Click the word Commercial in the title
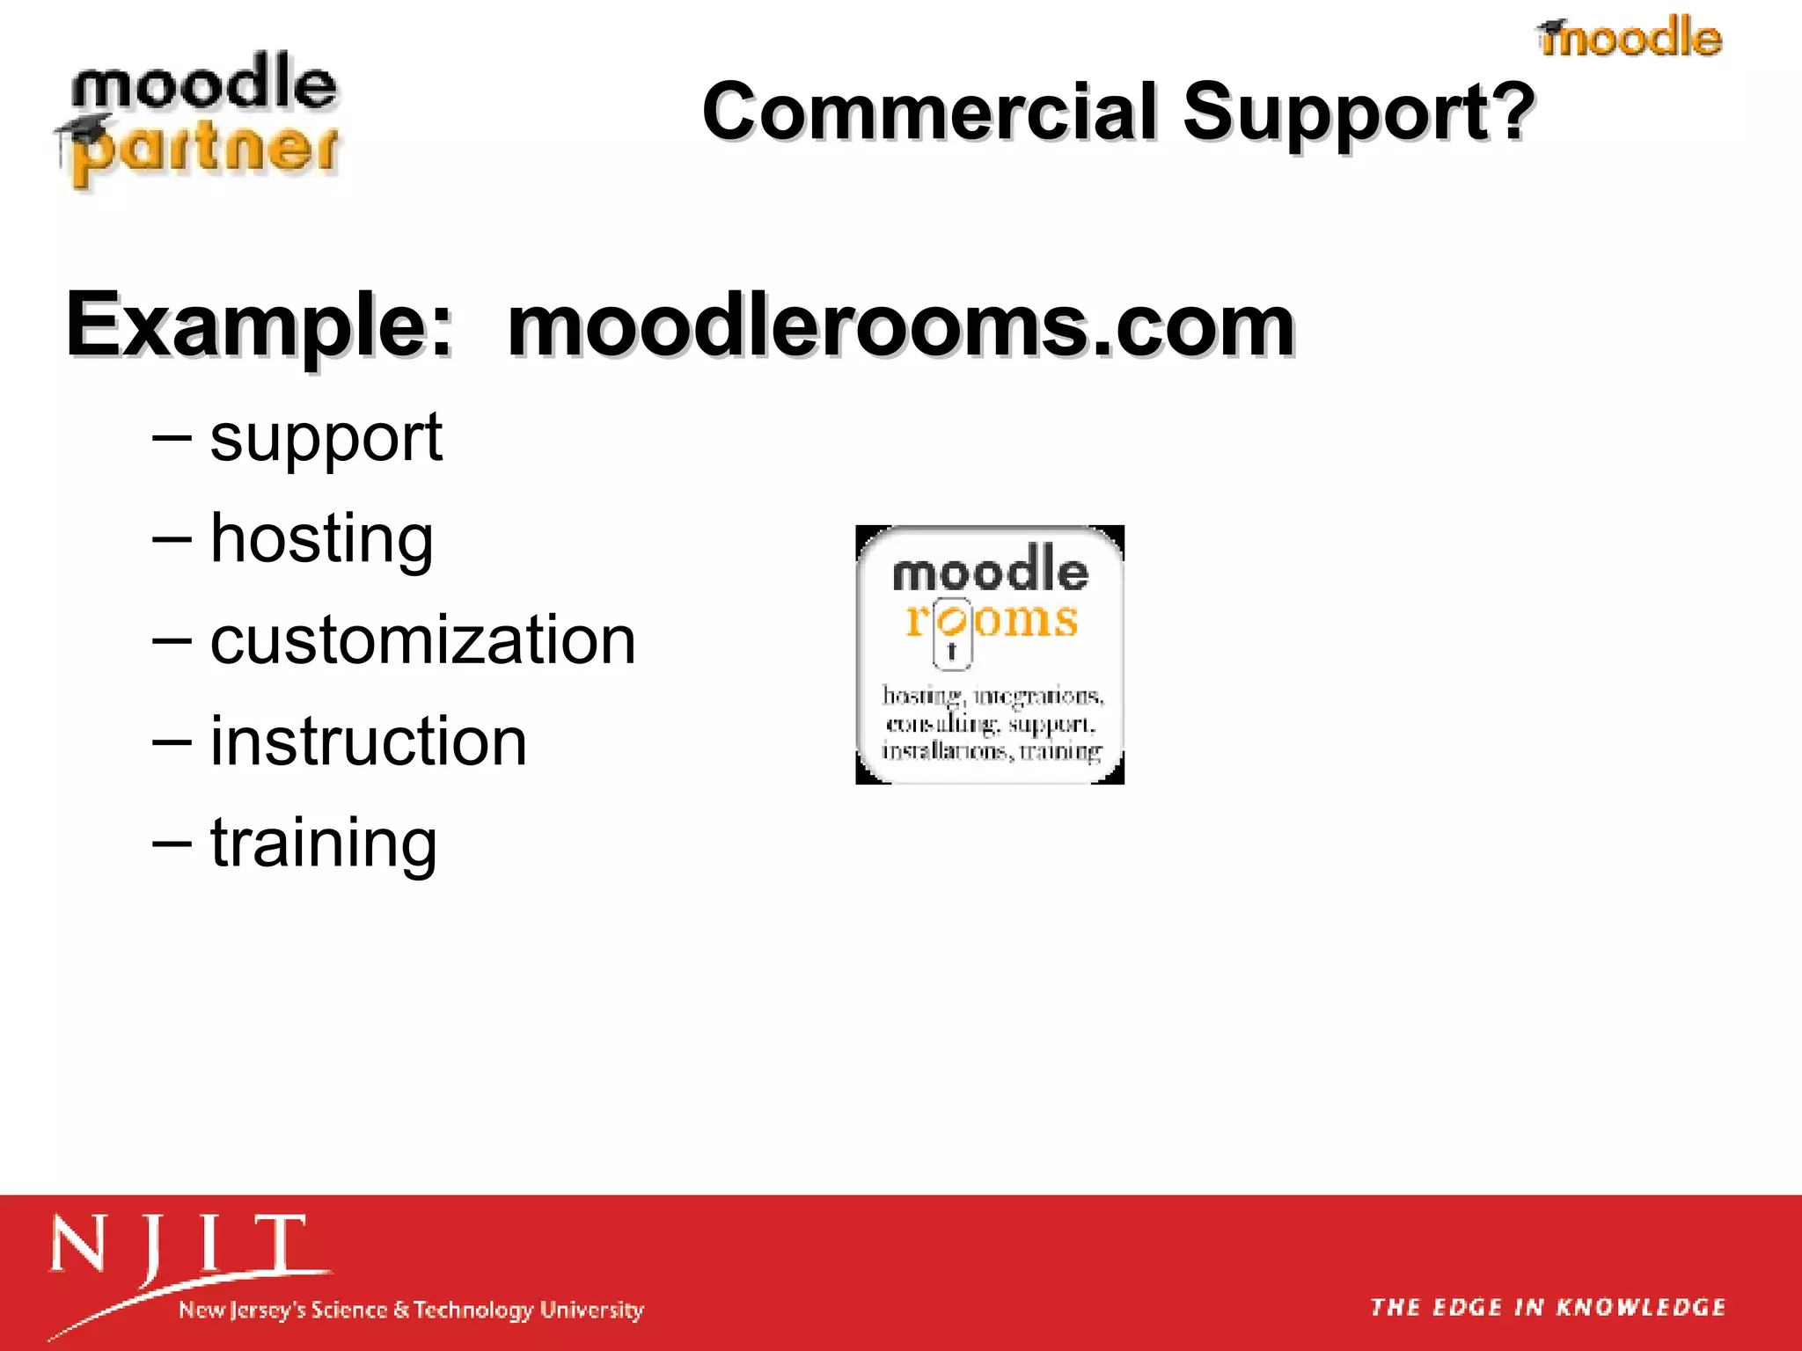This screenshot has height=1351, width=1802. click(x=930, y=112)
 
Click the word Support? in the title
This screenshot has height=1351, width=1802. click(x=1358, y=112)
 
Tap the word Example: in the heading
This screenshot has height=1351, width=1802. click(x=259, y=325)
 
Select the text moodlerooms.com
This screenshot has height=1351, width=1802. click(x=900, y=325)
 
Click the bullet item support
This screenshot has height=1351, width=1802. click(x=326, y=437)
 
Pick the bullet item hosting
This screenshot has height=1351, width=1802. click(x=321, y=538)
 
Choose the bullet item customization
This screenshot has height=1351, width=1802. click(x=422, y=639)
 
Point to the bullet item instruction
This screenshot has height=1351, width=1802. click(x=368, y=741)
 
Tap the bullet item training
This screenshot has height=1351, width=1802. click(x=323, y=843)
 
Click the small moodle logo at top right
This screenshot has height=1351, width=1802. click(x=1630, y=38)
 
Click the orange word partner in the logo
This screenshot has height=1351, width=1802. click(x=207, y=150)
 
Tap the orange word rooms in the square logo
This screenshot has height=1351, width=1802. click(x=993, y=620)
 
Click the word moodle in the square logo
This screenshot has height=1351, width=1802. click(x=990, y=572)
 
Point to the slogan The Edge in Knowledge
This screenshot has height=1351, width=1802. click(x=1548, y=1307)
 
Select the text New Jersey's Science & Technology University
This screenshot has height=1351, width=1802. click(x=411, y=1310)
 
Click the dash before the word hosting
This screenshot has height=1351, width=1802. click(x=171, y=538)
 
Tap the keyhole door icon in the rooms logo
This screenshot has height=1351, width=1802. click(x=951, y=633)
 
